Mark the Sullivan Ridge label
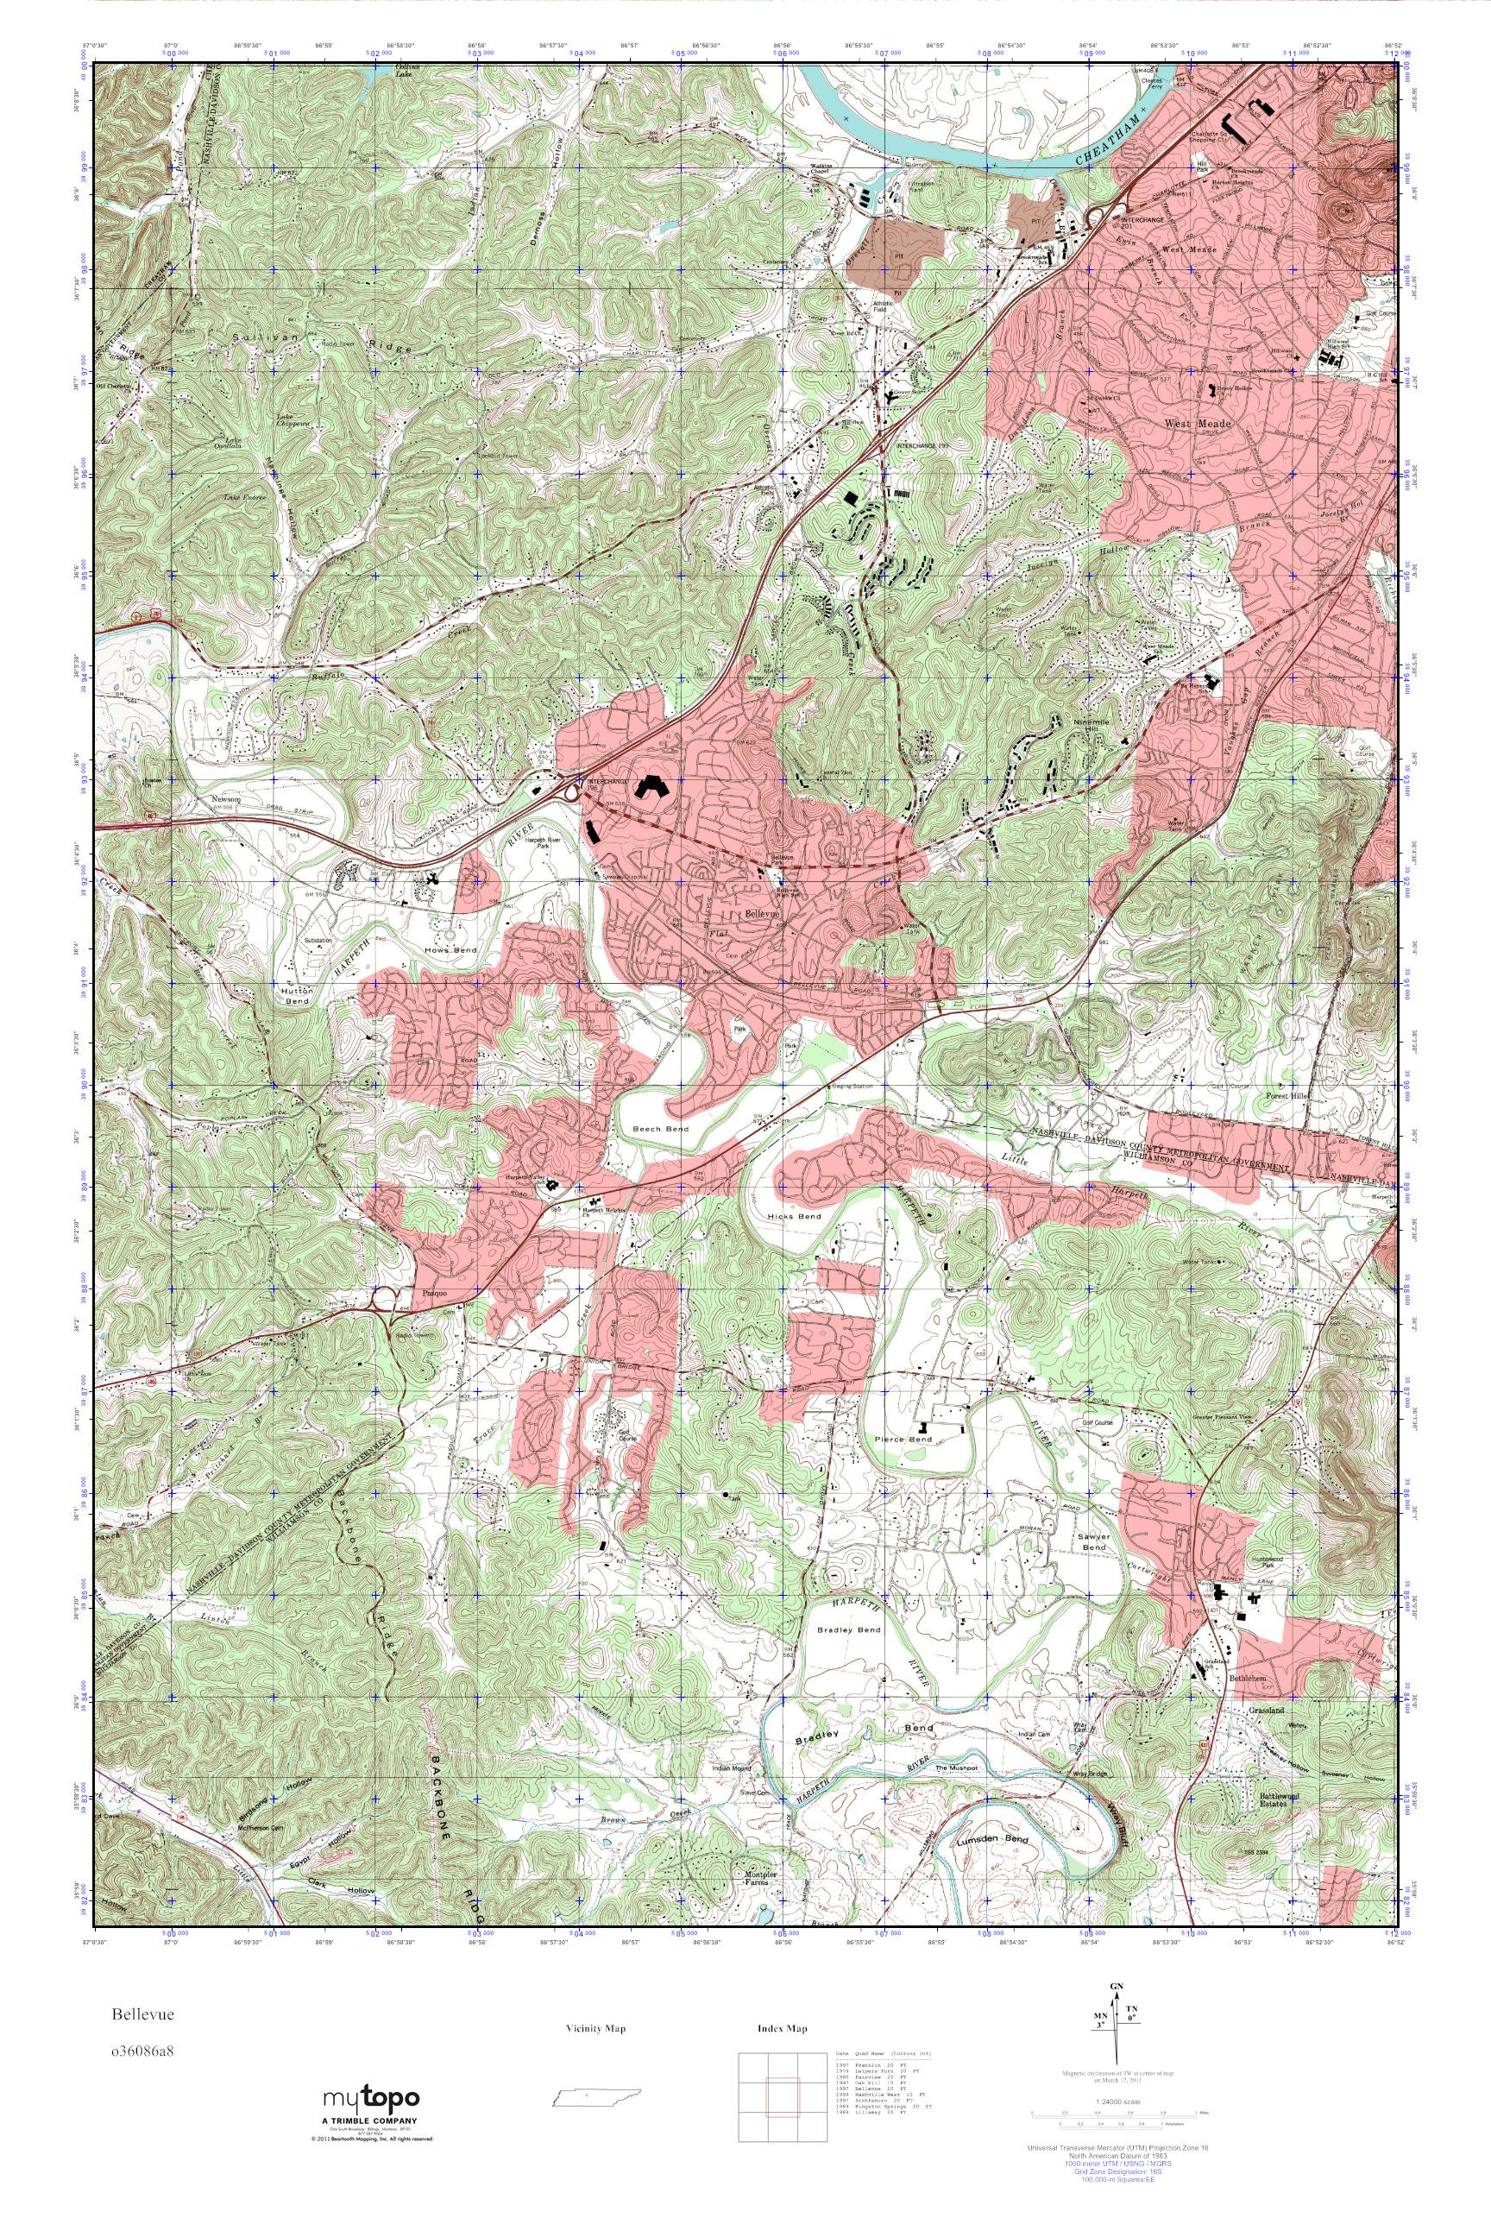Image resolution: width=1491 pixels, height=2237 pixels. pos(324,343)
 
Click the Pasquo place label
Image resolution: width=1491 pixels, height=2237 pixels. pos(430,1295)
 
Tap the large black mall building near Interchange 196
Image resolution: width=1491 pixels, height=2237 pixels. pos(652,785)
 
